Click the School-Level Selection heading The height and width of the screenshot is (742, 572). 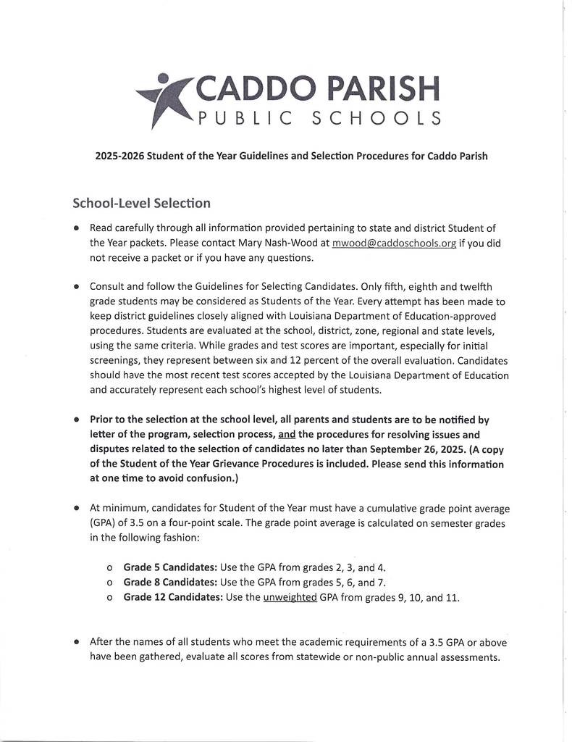141,203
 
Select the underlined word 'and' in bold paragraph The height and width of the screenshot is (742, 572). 287,435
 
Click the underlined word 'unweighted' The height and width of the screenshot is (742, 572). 290,598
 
